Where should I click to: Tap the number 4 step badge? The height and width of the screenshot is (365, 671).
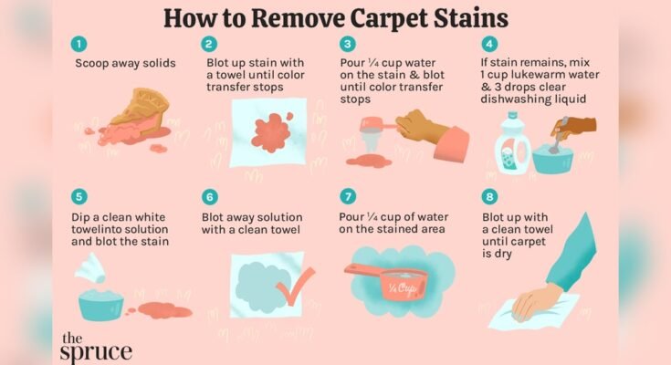[490, 43]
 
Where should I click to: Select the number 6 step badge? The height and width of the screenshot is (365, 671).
[210, 195]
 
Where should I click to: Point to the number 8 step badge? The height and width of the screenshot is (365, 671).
[490, 195]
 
